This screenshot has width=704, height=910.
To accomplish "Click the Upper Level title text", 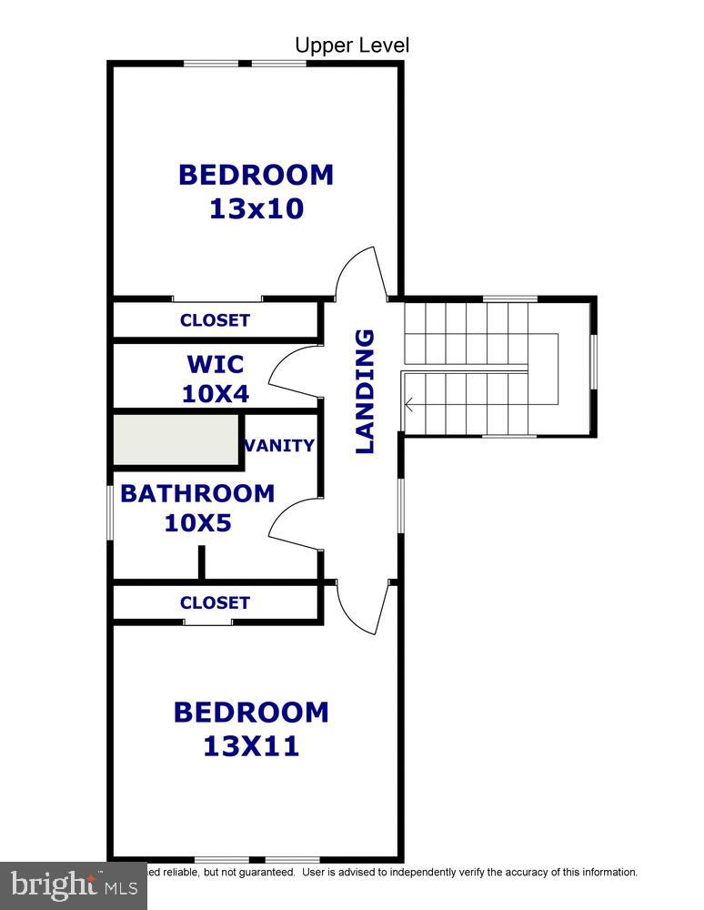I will (x=352, y=45).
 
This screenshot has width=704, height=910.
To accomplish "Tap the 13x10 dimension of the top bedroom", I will (x=256, y=208).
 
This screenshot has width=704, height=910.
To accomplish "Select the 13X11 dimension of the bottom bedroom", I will (x=251, y=746).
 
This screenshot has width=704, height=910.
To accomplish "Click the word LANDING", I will (x=365, y=391).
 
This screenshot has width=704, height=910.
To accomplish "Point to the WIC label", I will (x=216, y=364).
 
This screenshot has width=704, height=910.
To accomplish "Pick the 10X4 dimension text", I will (x=216, y=394).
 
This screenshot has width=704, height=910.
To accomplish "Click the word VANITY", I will (x=280, y=445).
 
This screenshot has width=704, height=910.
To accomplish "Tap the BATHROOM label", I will (x=197, y=493).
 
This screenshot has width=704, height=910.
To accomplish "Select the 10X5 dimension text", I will (x=197, y=523).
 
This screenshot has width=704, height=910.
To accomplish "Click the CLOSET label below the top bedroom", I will (x=215, y=320).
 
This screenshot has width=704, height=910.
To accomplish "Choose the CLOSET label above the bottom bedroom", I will (x=215, y=602).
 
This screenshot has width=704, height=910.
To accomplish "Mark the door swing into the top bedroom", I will (x=357, y=272).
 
